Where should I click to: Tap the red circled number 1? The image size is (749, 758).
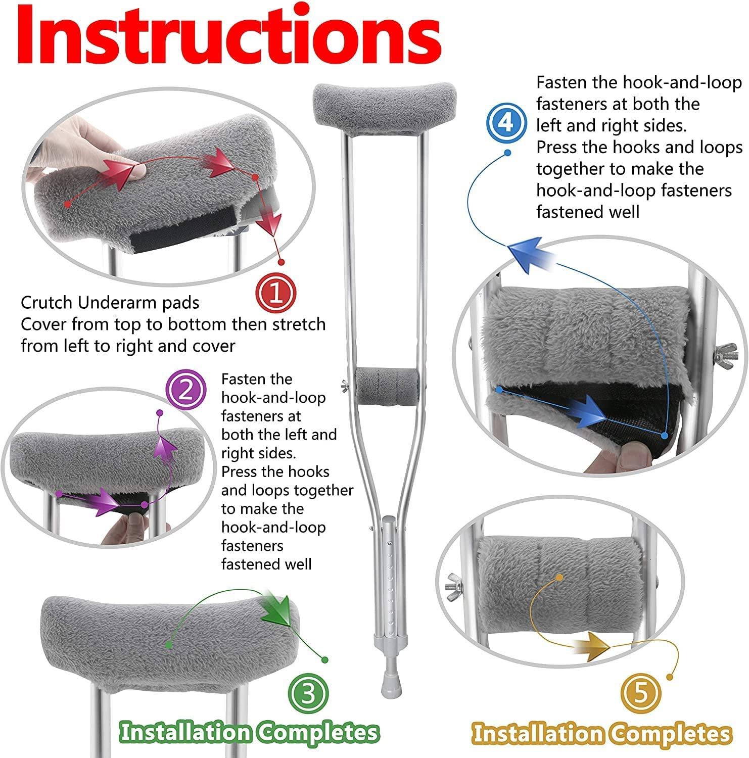tap(276, 293)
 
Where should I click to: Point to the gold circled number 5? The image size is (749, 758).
tap(640, 693)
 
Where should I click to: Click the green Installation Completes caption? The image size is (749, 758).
tap(249, 732)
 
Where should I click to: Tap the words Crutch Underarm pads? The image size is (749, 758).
tap(110, 303)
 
